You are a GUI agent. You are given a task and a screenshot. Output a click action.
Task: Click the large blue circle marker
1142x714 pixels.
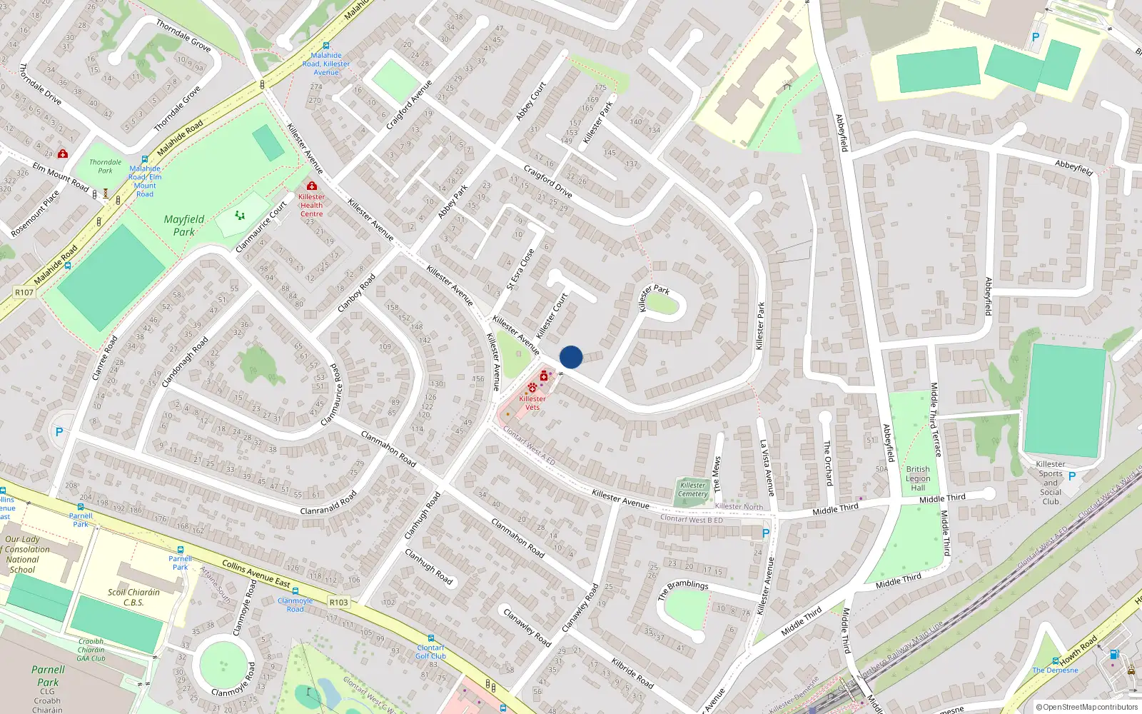571,357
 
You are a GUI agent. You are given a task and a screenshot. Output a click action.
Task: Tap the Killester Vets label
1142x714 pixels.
532,403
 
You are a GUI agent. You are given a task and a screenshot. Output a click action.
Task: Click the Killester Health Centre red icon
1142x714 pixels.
311,186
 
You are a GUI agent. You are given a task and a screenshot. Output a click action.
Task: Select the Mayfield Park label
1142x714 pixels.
184,226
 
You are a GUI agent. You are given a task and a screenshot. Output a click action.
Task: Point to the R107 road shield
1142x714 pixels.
24,292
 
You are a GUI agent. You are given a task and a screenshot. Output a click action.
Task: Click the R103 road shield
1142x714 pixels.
339,602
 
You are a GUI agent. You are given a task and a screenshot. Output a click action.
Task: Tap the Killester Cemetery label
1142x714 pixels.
692,489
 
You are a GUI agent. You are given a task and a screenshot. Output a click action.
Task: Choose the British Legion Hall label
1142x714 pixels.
918,478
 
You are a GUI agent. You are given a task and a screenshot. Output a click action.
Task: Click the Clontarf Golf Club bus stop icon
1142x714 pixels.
430,638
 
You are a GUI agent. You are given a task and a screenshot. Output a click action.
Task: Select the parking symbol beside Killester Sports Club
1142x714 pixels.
1072,476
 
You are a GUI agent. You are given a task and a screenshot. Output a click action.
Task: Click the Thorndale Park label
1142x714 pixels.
106,166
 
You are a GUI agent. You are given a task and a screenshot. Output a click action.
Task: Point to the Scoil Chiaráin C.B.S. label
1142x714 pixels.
133,597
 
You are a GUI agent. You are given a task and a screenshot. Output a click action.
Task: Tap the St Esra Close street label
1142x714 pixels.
520,269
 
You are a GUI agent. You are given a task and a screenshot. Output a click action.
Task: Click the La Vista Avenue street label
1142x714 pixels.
767,468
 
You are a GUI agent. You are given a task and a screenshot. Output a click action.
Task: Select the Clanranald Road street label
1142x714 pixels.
328,503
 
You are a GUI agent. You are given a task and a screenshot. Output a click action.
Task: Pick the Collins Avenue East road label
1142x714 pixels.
256,573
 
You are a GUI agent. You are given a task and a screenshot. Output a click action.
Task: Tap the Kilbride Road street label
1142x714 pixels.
632,673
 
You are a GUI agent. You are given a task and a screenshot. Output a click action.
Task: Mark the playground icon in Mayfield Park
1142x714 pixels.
240,215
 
